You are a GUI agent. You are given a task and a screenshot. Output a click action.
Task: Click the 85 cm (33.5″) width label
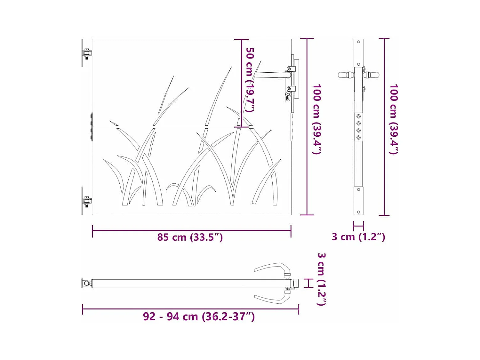click(x=190, y=237)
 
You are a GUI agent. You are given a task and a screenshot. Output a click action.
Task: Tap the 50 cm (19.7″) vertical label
click(x=250, y=80)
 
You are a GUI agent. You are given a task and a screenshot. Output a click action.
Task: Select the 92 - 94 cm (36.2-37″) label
click(x=199, y=317)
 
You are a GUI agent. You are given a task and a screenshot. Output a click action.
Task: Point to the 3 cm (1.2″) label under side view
click(x=358, y=237)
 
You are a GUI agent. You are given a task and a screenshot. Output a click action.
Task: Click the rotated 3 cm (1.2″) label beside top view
click(x=321, y=279)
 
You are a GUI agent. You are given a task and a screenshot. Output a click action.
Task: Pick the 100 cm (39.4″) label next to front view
click(x=317, y=119)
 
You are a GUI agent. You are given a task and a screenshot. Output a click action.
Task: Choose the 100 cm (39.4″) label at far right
click(x=393, y=119)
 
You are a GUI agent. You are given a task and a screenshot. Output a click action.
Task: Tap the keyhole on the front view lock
click(x=288, y=96)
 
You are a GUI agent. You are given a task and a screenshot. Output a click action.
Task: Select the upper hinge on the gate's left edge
click(x=87, y=53)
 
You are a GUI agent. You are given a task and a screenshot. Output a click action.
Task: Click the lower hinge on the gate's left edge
click(x=87, y=201)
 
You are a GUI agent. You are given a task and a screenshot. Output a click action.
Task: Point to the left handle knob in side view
click(x=344, y=75)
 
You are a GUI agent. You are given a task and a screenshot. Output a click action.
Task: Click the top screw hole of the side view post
click(x=359, y=42)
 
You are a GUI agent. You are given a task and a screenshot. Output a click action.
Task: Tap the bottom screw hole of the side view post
click(x=359, y=212)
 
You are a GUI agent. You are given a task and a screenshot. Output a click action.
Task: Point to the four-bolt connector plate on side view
click(x=359, y=127)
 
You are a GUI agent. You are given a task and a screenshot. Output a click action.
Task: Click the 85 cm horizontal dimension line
click(x=192, y=230)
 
